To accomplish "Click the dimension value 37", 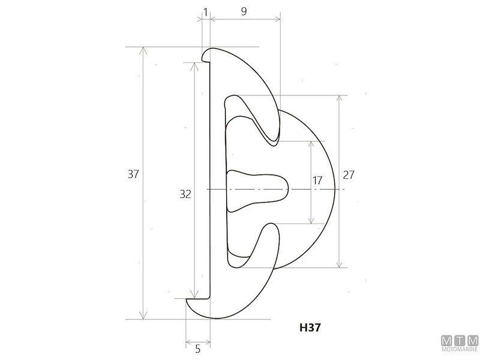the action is [x=133, y=174].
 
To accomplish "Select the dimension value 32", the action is [x=185, y=194].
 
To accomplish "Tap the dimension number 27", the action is [x=349, y=175].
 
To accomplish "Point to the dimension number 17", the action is [x=317, y=181].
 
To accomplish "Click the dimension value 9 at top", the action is [x=244, y=11].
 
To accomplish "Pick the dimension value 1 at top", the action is [x=205, y=12].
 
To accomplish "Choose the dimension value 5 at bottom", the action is [x=198, y=349].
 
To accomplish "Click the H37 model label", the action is [x=310, y=328].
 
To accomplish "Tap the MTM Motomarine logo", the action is [x=460, y=343].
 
